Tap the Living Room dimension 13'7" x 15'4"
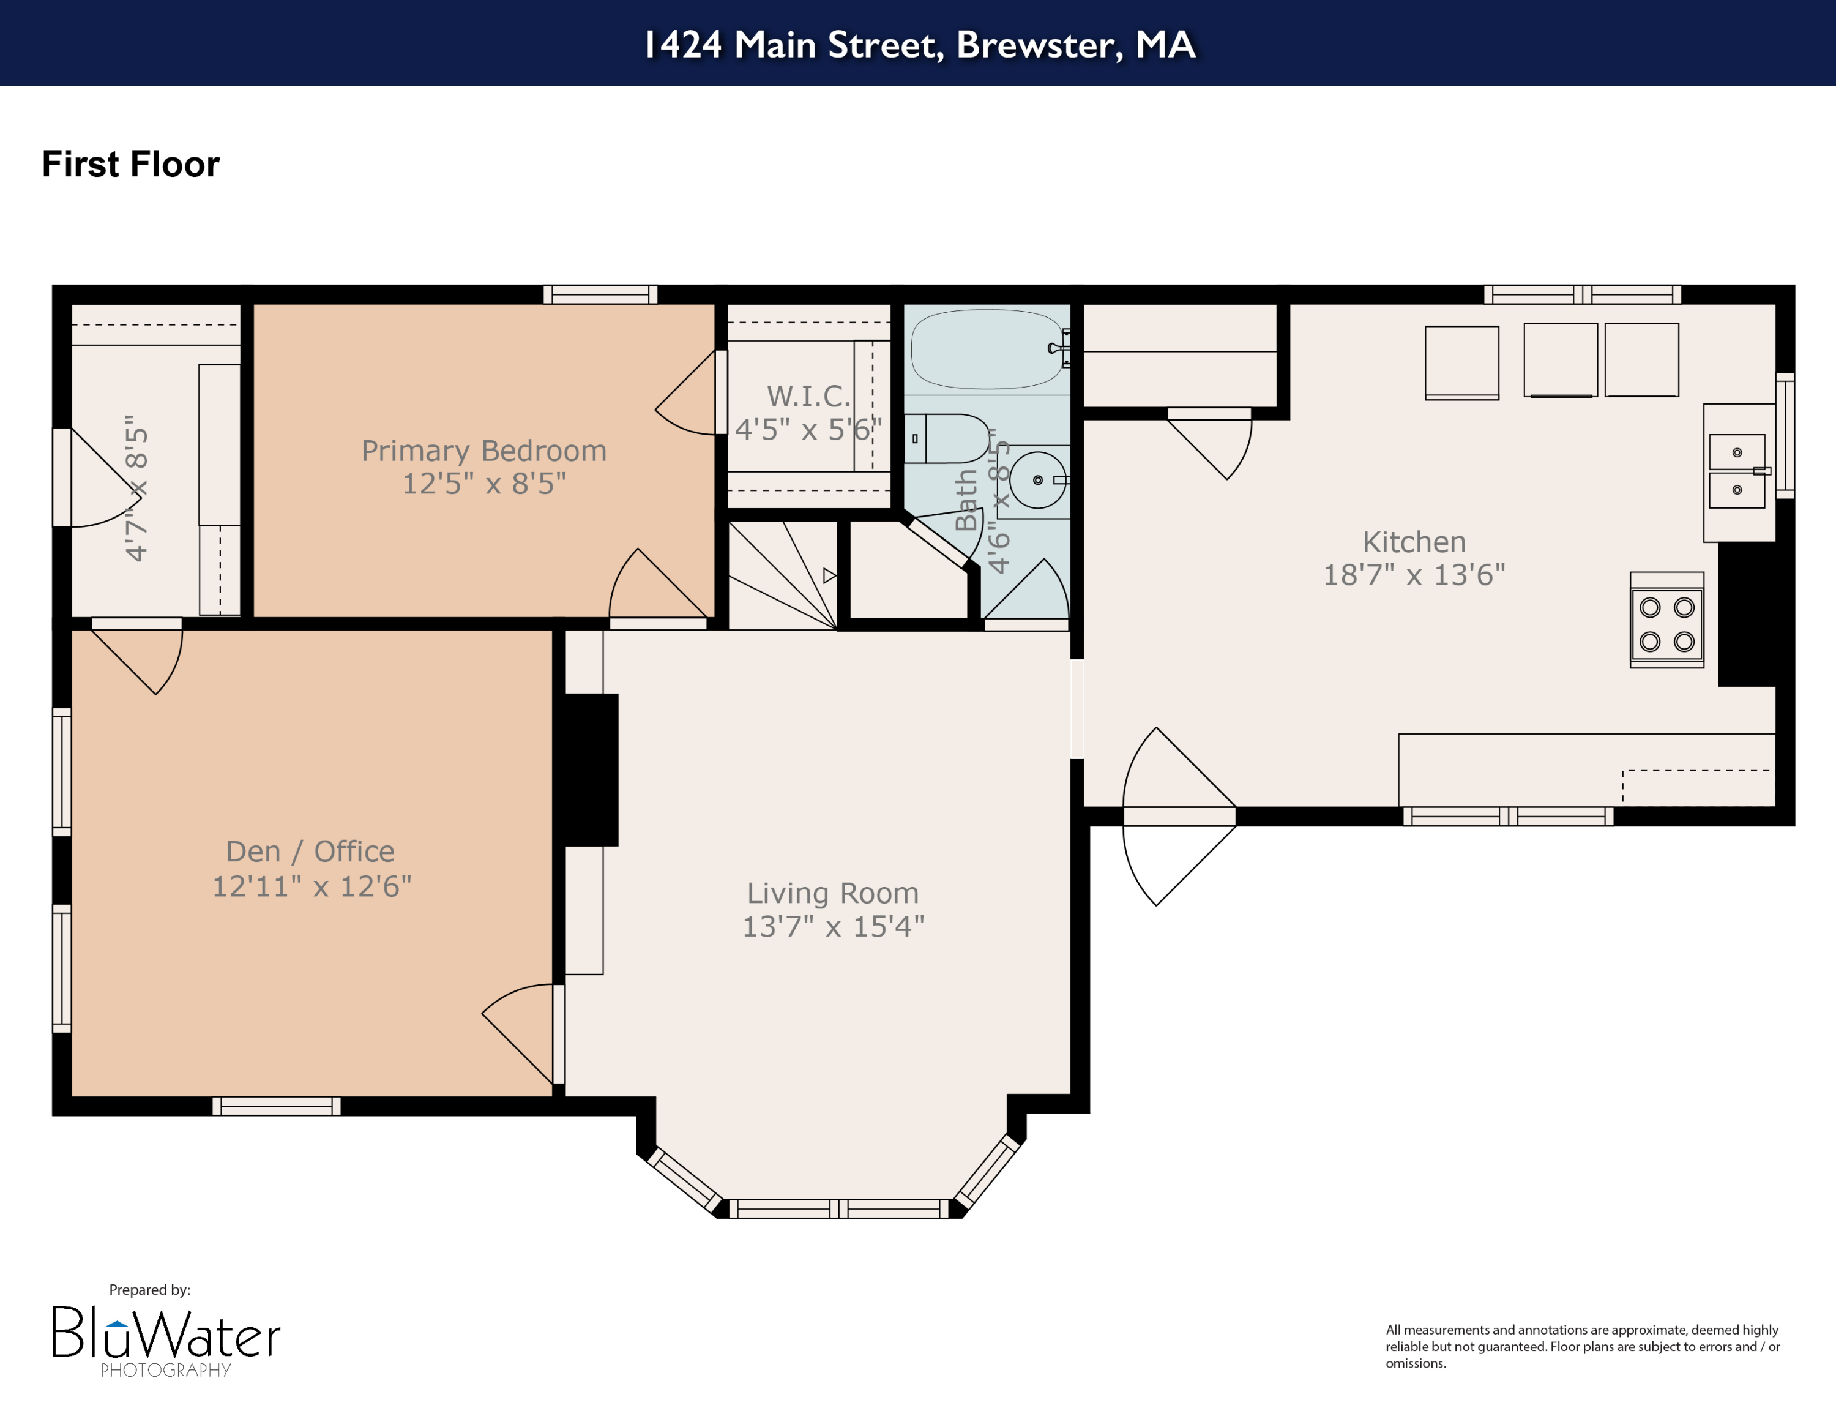832,926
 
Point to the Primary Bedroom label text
483,451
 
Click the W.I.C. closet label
808,396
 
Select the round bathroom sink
1037,480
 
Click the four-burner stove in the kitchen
1666,624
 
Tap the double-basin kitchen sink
1736,471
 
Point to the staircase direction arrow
829,576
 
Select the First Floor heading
130,164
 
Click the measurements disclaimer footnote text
1581,1346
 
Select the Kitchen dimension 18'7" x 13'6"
1413,575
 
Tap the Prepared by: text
150,1290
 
